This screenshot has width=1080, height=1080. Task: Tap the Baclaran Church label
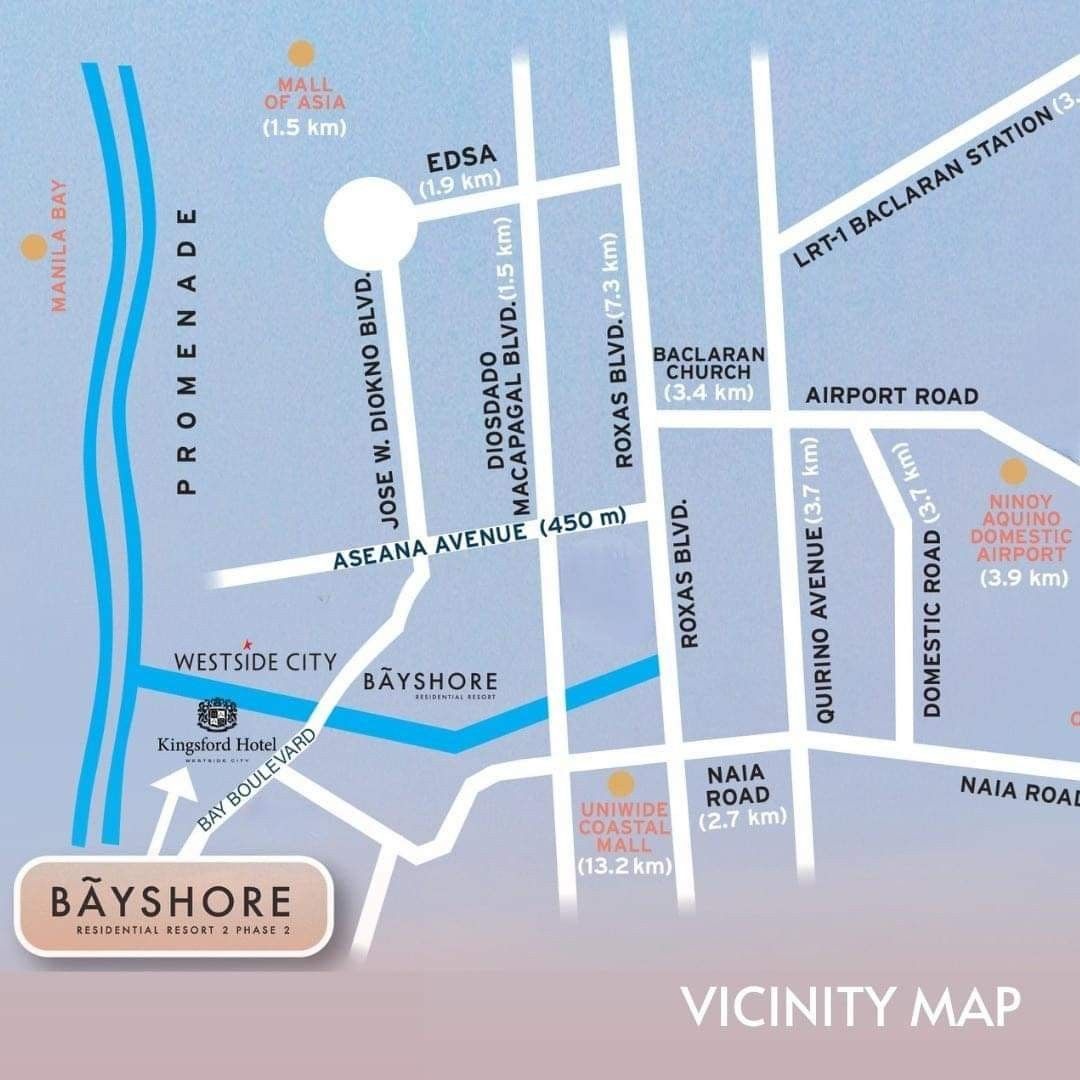[x=709, y=364]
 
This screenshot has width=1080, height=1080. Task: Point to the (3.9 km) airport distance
[x=1023, y=578]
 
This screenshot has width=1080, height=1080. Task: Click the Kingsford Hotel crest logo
[x=216, y=714]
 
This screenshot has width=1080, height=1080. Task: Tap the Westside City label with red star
[x=255, y=661]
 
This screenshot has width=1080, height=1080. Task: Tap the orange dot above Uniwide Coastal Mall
[x=622, y=783]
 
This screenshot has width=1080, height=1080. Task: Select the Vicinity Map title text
[x=851, y=1007]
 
